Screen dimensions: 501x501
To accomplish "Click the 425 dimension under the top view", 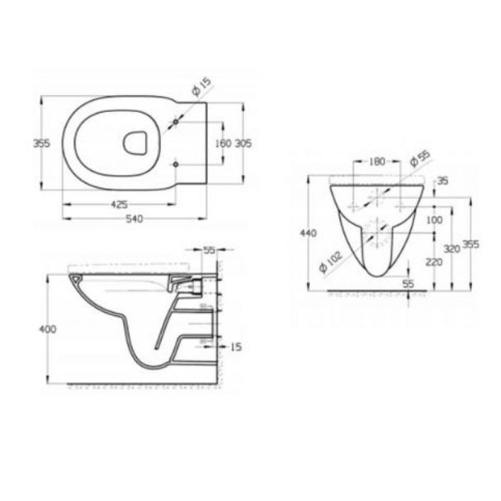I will (121, 205).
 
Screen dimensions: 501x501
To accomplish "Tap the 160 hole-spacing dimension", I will (224, 144).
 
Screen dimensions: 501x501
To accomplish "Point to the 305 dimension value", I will (243, 144).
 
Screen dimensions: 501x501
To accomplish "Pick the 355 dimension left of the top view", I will (41, 144).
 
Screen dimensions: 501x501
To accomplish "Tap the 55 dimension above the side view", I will (210, 250).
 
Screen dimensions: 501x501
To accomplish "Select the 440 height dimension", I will (308, 233).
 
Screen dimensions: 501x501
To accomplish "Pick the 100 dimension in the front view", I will (434, 219).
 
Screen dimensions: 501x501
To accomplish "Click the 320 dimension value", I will (452, 248).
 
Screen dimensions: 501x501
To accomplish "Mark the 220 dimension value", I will (434, 262).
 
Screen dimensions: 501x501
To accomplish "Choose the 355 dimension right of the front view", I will (471, 244).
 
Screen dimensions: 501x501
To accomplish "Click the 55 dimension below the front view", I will (408, 284).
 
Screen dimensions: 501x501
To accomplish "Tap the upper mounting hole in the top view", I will (176, 122).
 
